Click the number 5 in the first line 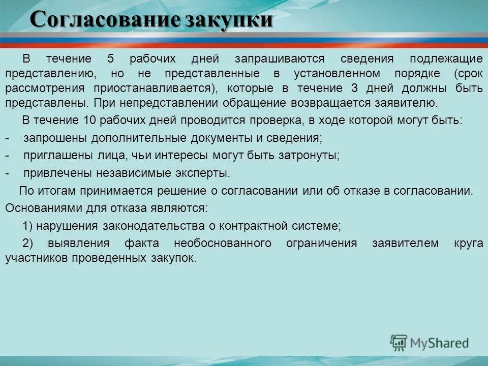pyautogui.click(x=110, y=58)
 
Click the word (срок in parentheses pyautogui.click(x=469, y=73)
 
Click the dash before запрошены pyautogui.click(x=7, y=138)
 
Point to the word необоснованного pyautogui.click(x=222, y=243)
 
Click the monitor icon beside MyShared pyautogui.click(x=399, y=343)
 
